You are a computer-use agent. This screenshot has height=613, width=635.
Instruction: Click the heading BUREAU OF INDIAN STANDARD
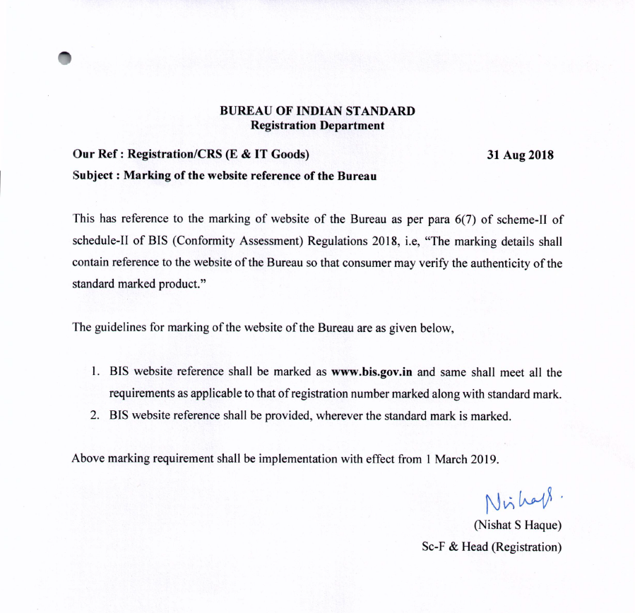pos(317,112)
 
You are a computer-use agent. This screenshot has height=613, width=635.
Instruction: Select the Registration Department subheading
pos(318,126)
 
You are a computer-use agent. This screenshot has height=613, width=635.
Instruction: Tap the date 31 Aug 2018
pos(521,155)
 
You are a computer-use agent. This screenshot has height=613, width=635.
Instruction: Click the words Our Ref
pos(90,155)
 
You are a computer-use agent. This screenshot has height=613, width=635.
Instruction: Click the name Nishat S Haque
pos(518,525)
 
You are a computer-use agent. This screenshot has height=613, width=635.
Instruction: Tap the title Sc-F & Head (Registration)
pos(491,547)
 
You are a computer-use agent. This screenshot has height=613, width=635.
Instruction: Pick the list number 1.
pos(95,372)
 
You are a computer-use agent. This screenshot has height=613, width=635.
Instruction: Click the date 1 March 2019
pos(462,459)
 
